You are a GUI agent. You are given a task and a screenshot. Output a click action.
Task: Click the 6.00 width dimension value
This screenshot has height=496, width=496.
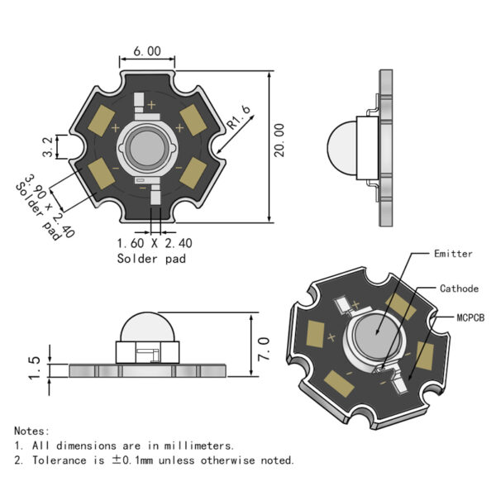click(147, 51)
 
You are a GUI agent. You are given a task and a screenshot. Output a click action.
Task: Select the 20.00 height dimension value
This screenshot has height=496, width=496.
click(279, 141)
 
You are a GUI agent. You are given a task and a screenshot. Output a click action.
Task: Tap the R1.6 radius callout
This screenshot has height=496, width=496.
click(239, 117)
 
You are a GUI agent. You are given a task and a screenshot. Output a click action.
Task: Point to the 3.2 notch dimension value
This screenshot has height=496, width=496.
click(48, 147)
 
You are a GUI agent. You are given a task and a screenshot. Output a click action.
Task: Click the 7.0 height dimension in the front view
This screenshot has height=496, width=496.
click(264, 349)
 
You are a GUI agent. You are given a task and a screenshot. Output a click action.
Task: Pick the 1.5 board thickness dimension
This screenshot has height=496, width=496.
click(34, 368)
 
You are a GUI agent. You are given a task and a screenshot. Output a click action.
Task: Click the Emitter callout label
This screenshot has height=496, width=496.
click(453, 254)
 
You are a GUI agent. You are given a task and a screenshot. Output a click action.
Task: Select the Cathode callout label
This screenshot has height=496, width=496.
click(459, 289)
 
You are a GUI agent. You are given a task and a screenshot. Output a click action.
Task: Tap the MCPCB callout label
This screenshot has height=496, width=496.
click(470, 317)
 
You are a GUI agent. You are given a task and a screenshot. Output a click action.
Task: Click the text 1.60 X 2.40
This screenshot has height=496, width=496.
click(155, 243)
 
